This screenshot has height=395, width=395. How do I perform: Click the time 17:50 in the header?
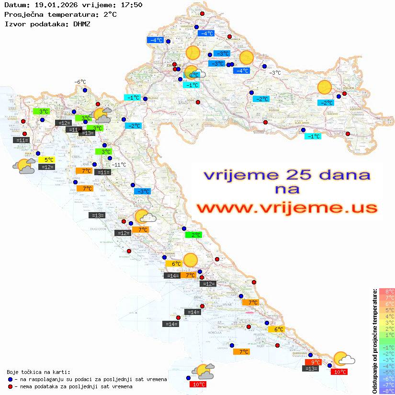tap(131, 5)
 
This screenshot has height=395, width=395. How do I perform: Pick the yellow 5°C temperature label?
tap(48, 160)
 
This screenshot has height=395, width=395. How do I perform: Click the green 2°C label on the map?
tap(194, 235)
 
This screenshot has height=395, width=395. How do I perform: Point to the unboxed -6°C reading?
tap(79, 82)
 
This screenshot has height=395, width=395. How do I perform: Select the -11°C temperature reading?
tap(118, 165)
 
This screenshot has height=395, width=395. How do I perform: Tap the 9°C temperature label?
tap(313, 362)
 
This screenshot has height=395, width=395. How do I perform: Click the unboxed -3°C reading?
tap(274, 73)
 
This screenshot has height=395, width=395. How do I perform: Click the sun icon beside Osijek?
tap(325, 88)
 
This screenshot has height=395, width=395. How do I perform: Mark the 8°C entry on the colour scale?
tap(387, 291)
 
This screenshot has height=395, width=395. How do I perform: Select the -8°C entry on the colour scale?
tap(387, 391)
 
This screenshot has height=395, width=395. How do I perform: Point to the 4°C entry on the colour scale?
tap(387, 316)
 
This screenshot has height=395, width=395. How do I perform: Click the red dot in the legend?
tap(10, 386)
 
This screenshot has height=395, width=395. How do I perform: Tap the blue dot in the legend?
tap(10, 379)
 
